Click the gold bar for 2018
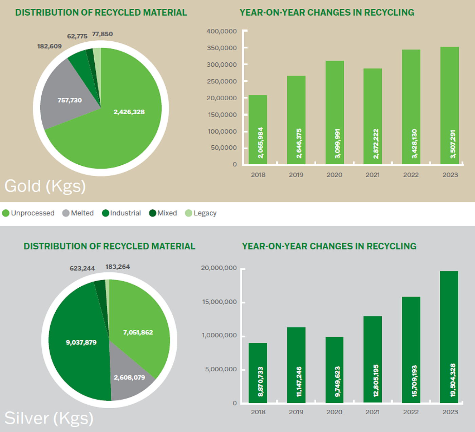pos(258,130)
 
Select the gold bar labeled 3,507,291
pos(450,105)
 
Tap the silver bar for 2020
pos(335,370)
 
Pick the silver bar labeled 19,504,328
pos(449,337)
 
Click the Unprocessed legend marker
pos(5,213)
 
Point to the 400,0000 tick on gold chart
pos(222,31)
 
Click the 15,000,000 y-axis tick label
pos(219,302)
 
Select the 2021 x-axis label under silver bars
pos(373,412)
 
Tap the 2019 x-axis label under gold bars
pos(296,175)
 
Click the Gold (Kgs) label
pos(45,186)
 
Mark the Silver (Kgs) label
pos(49,418)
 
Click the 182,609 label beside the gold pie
pos(50,46)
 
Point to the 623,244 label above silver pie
pos(82,268)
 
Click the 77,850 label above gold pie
pos(102,34)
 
